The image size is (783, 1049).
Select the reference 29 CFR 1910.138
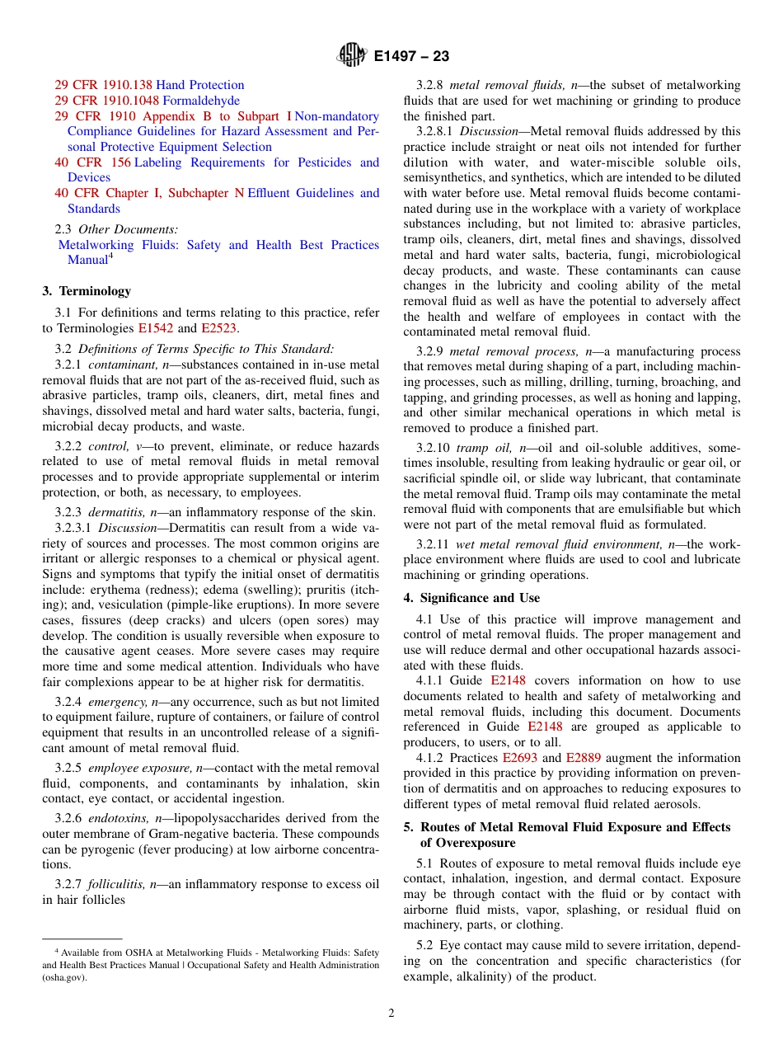[x=103, y=85]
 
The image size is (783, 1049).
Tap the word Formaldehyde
[x=198, y=101]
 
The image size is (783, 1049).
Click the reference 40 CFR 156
[x=92, y=162]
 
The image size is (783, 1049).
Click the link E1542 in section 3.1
[x=156, y=328]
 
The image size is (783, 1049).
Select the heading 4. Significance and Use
[x=471, y=598]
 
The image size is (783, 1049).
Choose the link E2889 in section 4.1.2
[x=583, y=758]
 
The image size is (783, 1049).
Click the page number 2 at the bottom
[x=391, y=1014]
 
